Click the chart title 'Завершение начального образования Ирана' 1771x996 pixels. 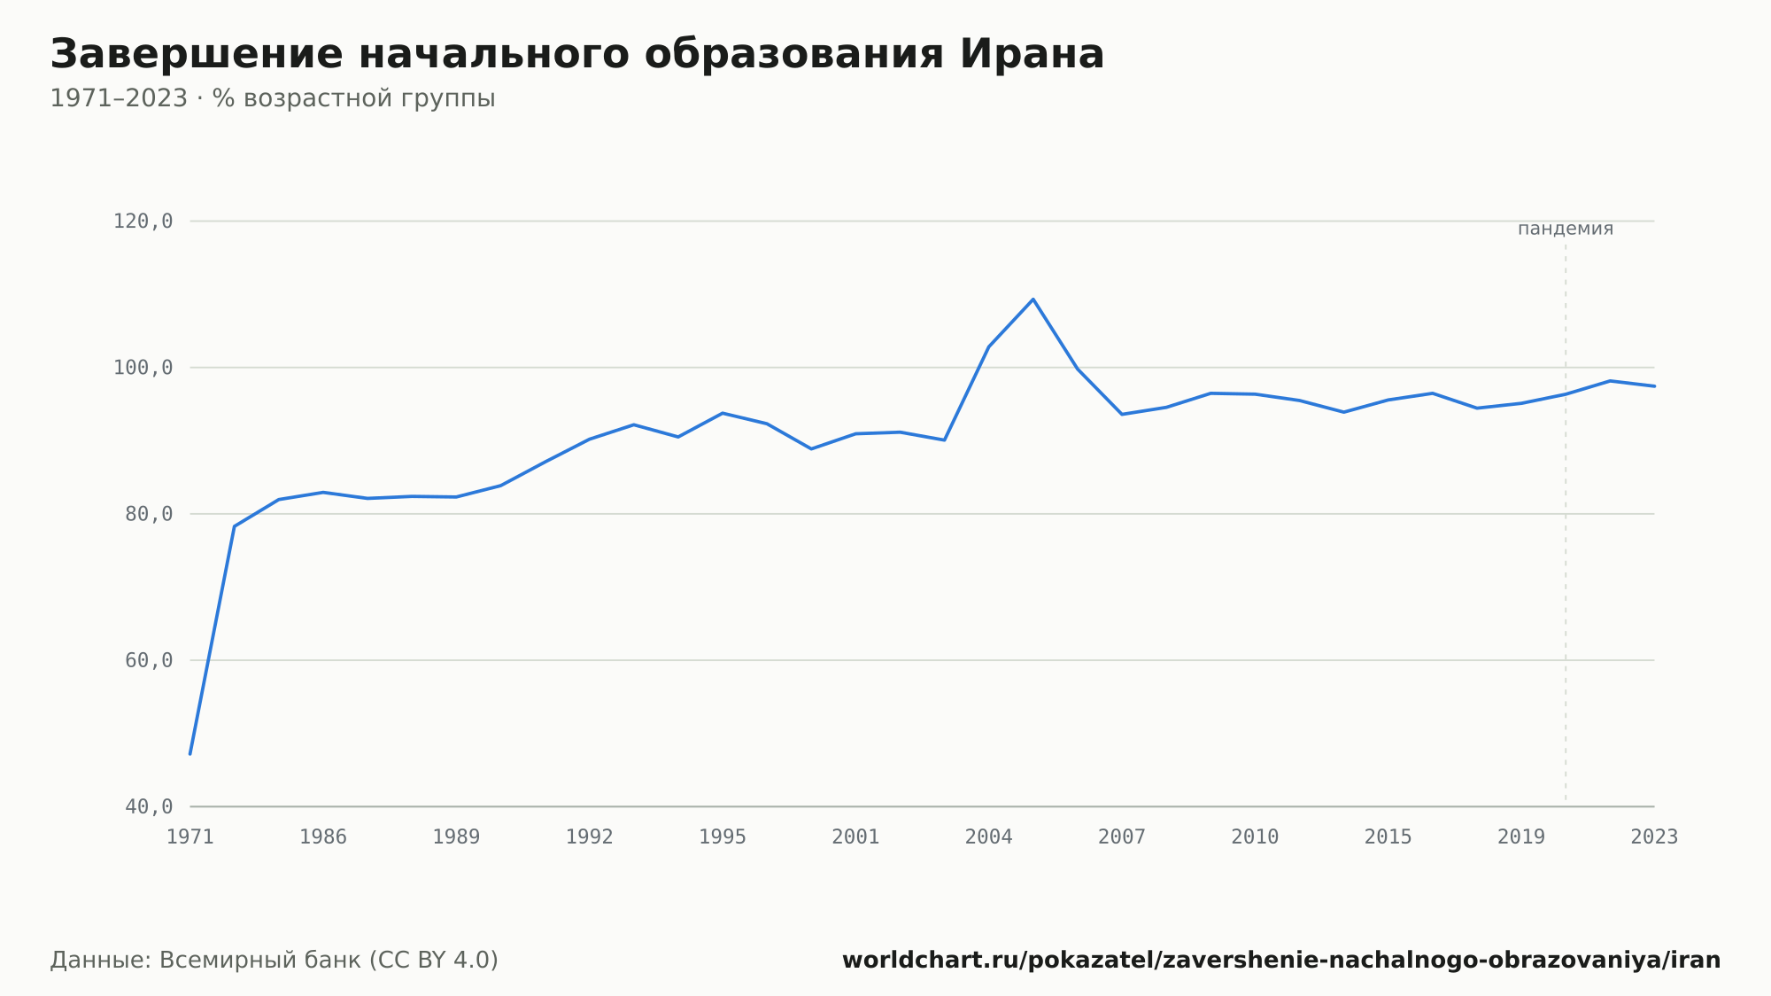(577, 55)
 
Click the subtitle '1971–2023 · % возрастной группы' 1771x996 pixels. (273, 98)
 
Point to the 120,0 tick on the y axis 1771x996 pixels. (143, 222)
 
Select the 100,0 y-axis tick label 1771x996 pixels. (143, 368)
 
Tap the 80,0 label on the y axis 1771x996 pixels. (149, 514)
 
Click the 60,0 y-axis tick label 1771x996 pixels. (149, 660)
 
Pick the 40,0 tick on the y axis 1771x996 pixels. (149, 806)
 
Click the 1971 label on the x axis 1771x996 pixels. (190, 837)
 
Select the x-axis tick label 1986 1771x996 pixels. (323, 837)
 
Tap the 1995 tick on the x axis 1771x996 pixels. (723, 837)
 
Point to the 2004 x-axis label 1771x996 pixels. (989, 837)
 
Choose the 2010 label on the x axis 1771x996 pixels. (1255, 837)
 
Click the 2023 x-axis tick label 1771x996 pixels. (1654, 837)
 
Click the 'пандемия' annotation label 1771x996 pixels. (1566, 229)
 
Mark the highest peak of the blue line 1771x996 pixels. (1033, 300)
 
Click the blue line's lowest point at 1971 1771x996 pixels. (190, 754)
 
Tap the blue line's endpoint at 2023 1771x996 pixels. (1654, 386)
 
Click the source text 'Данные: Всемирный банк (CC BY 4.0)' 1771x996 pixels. (275, 961)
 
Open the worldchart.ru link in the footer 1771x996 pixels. (1281, 961)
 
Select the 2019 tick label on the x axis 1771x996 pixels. (1521, 837)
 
